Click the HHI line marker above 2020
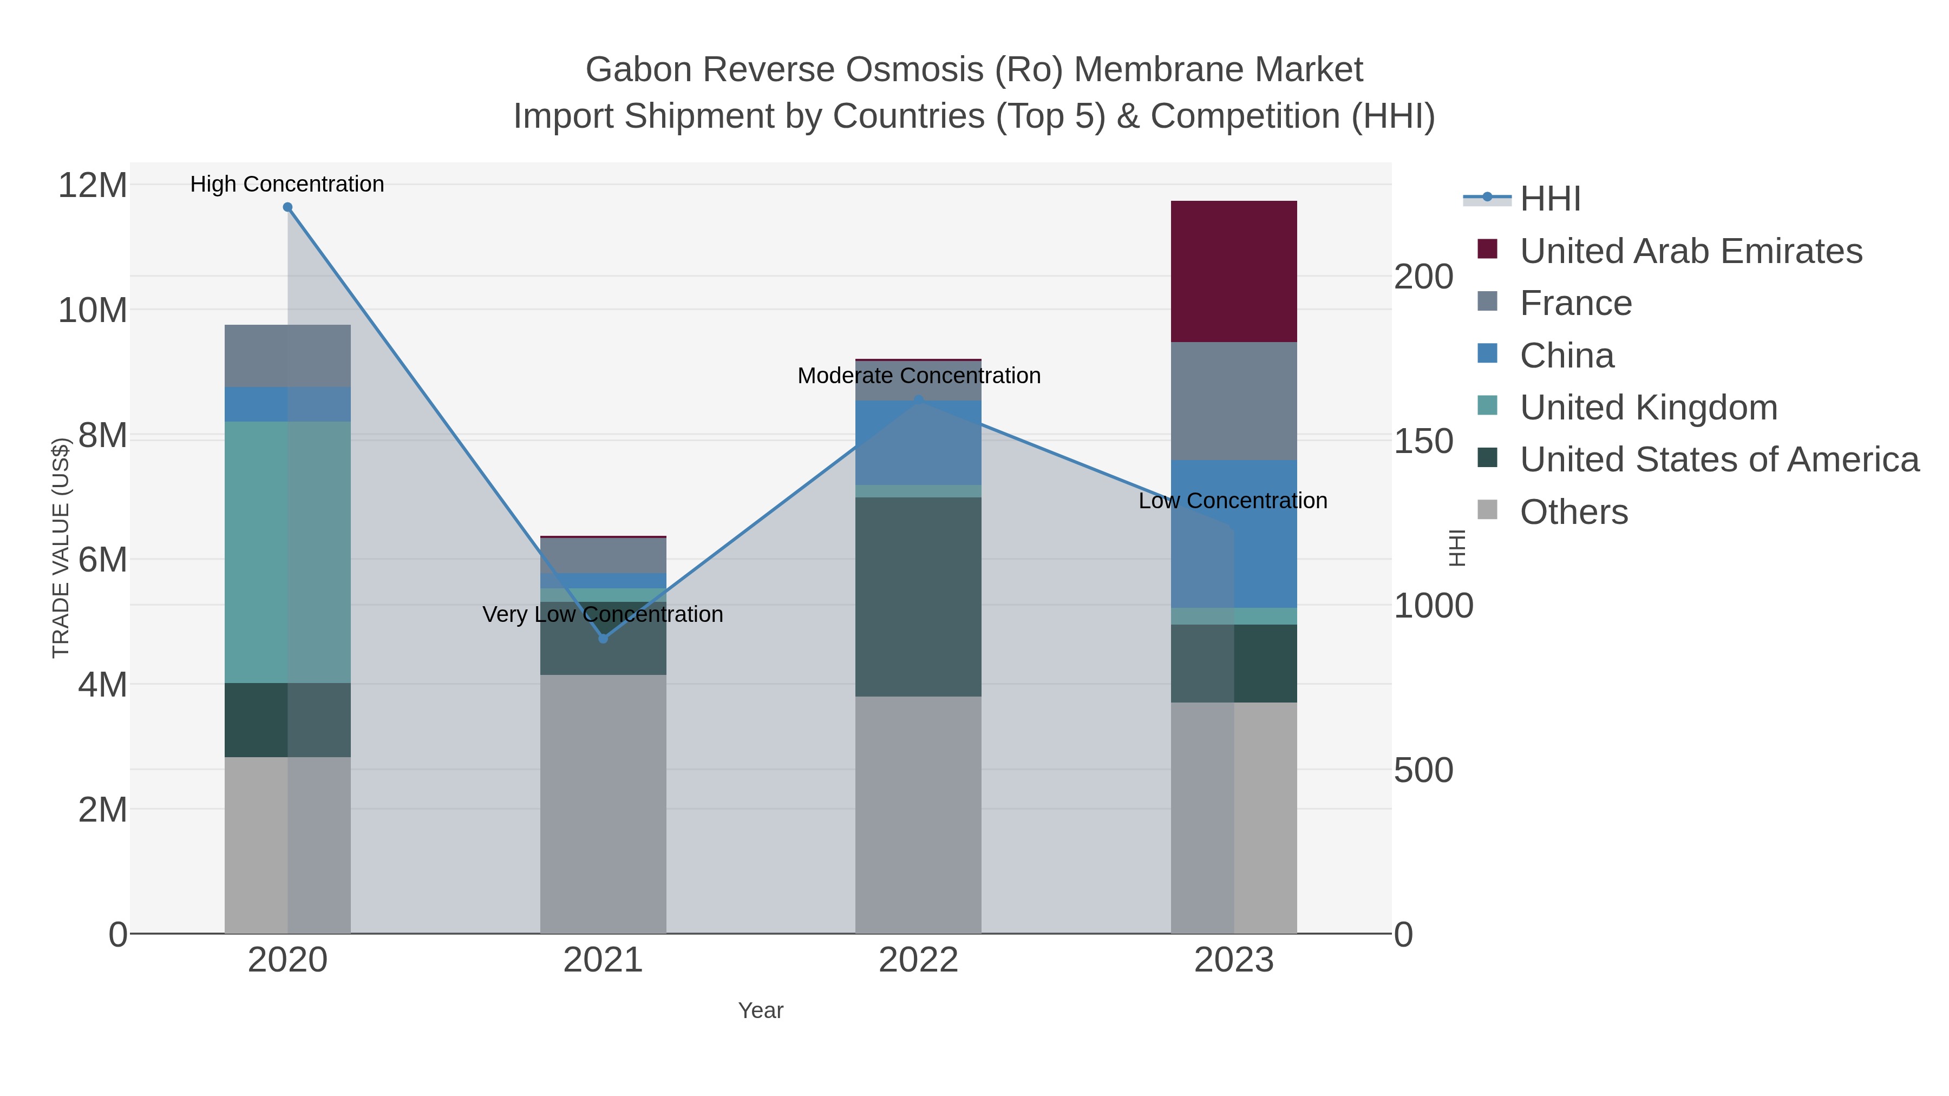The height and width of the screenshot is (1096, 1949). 287,207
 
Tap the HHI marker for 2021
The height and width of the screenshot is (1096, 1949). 603,639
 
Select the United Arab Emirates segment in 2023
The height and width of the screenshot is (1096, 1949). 1233,272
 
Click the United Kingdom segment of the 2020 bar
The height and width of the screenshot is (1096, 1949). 287,552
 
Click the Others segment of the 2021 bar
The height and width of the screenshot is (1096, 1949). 603,803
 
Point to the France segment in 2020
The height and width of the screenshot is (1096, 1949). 287,356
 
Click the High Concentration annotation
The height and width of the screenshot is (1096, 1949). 287,184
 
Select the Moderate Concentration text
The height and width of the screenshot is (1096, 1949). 919,376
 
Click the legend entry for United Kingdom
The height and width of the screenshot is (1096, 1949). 1648,408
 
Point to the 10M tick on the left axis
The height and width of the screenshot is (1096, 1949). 92,310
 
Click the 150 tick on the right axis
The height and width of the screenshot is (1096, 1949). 1422,441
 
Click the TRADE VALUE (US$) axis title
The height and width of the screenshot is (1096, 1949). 61,548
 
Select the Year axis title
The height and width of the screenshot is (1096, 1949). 761,1010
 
